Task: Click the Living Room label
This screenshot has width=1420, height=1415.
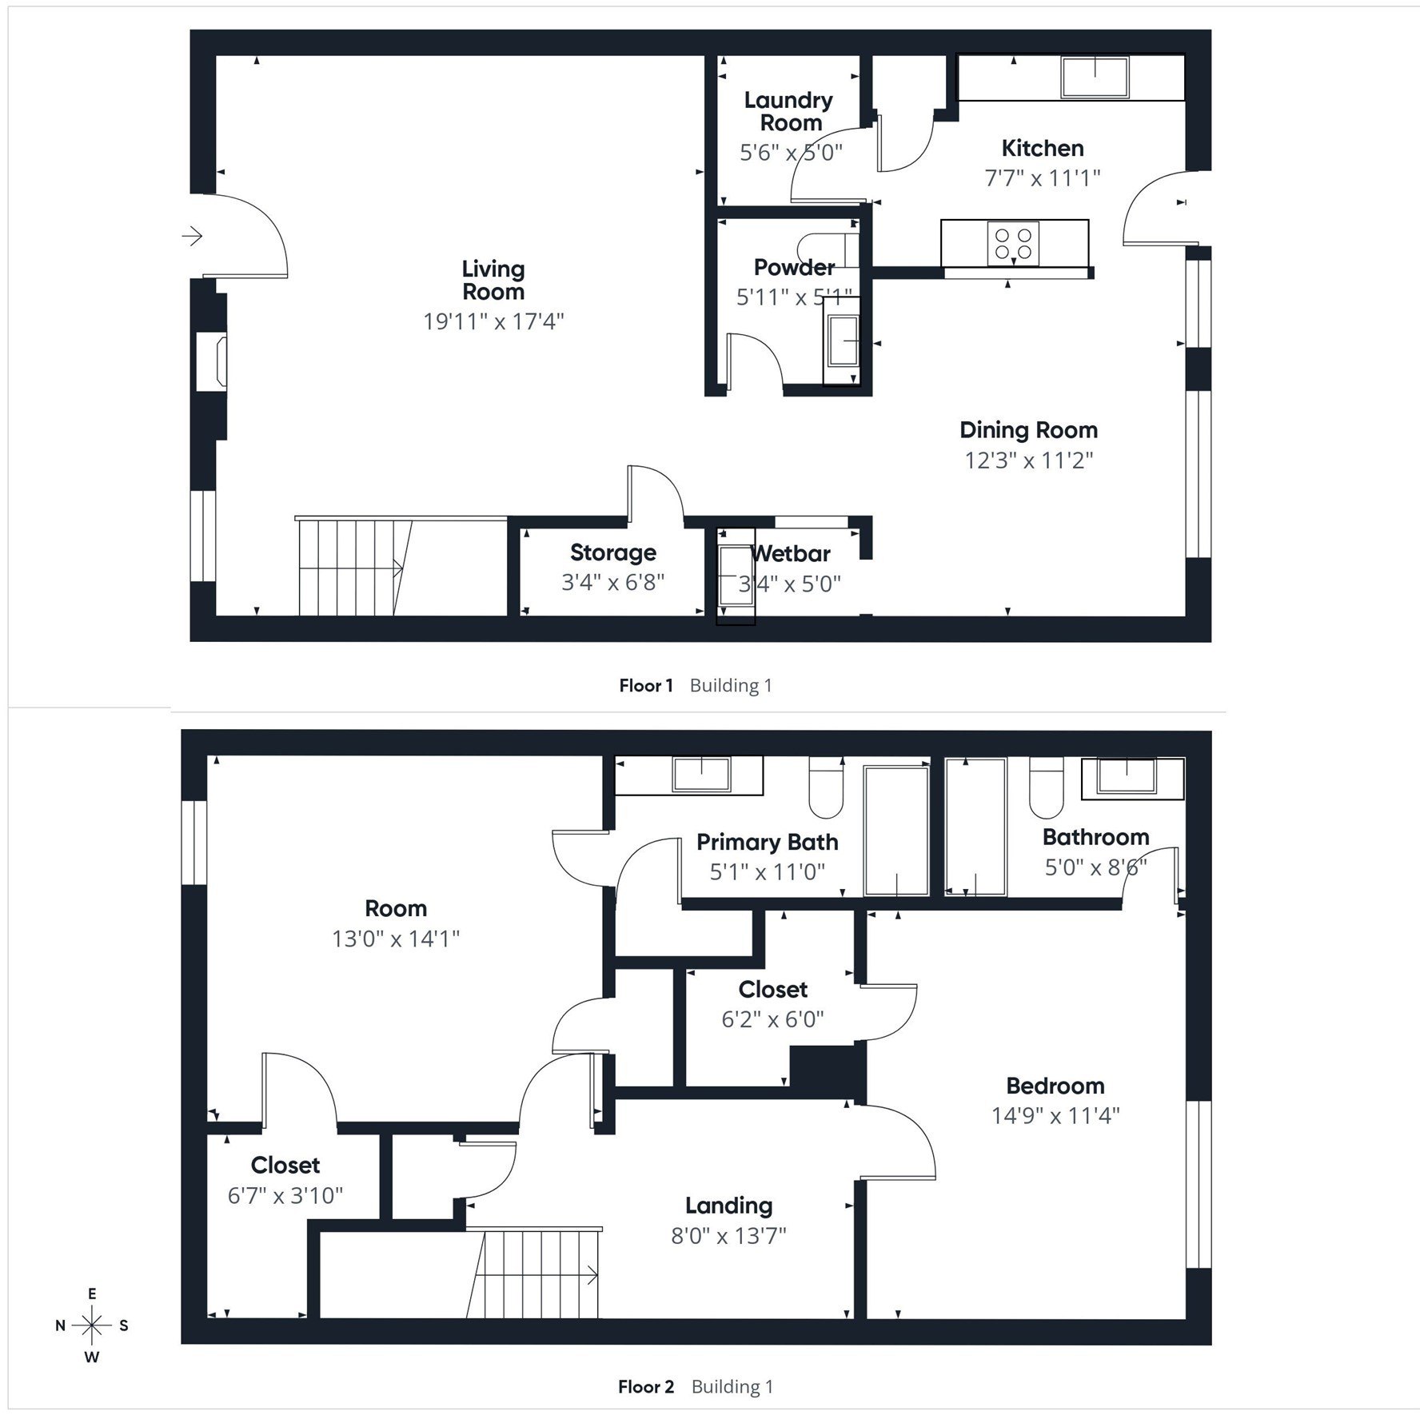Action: click(493, 281)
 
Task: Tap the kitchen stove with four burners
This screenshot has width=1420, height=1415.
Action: click(1013, 244)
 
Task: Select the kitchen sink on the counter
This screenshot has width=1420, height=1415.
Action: click(1095, 78)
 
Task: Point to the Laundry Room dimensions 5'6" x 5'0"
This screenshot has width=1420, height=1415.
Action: click(791, 153)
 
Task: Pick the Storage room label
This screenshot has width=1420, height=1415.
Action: click(613, 552)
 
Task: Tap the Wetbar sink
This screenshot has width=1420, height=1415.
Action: click(736, 575)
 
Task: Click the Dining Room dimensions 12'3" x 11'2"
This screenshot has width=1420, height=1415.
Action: click(1028, 460)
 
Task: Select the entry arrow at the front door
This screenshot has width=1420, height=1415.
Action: click(193, 236)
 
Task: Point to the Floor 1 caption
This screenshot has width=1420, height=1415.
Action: click(646, 685)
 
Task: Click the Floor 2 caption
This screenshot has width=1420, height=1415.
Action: click(646, 1386)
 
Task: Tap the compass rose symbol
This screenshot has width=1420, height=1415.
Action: click(93, 1325)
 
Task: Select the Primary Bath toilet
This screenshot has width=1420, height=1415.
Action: click(827, 786)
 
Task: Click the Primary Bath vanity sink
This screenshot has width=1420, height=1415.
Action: click(701, 775)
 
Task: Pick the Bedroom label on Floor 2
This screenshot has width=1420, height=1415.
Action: click(1055, 1086)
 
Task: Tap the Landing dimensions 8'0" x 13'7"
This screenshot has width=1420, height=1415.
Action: click(728, 1236)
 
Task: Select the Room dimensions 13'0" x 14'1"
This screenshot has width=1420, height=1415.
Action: click(396, 939)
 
